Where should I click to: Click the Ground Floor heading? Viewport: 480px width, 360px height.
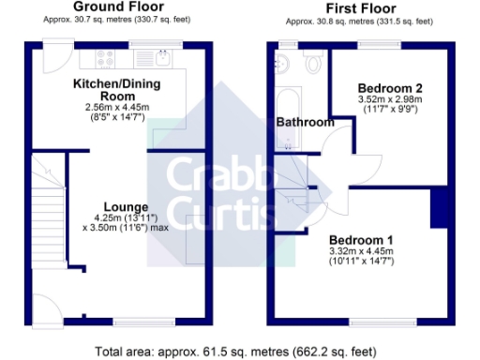[x=120, y=7]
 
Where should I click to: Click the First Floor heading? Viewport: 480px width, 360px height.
[x=358, y=8]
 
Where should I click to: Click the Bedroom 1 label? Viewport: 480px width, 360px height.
[x=360, y=238]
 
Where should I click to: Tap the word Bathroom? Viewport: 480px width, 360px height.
[x=305, y=122]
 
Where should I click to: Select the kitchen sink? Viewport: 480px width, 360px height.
[x=162, y=62]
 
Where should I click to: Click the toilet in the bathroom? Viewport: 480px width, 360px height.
[x=313, y=64]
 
